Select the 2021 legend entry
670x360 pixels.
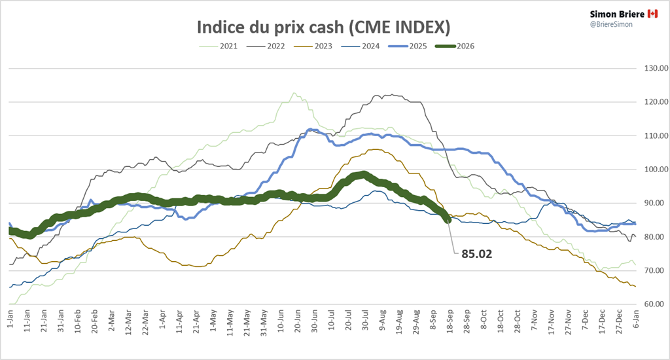pyautogui.click(x=219, y=46)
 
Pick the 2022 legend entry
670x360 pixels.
pyautogui.click(x=266, y=46)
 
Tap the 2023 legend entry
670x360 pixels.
pyautogui.click(x=313, y=46)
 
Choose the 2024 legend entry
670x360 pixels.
pyautogui.click(x=361, y=46)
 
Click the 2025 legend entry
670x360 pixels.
pyautogui.click(x=408, y=46)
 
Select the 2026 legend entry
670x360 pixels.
pyautogui.click(x=455, y=46)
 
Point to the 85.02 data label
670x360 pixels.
pyautogui.click(x=476, y=254)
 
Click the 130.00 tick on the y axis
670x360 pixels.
pyautogui.click(x=656, y=68)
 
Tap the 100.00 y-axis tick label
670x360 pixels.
pyautogui.click(x=656, y=170)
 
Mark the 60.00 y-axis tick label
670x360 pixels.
pyautogui.click(x=656, y=304)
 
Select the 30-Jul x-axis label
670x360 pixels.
pyautogui.click(x=365, y=320)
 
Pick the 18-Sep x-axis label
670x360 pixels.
pyautogui.click(x=450, y=321)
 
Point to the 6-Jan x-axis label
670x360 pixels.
pyautogui.click(x=636, y=319)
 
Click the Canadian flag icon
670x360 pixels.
pyautogui.click(x=652, y=14)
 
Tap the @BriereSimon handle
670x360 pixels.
pyautogui.click(x=611, y=24)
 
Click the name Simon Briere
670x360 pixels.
pyautogui.click(x=617, y=14)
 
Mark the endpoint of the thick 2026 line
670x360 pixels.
pyautogui.click(x=448, y=220)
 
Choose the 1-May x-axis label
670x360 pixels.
pyautogui.click(x=213, y=320)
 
